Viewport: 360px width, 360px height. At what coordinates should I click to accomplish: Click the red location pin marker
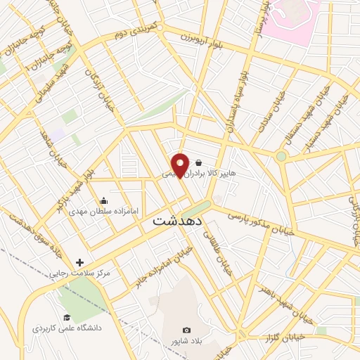[x=181, y=164]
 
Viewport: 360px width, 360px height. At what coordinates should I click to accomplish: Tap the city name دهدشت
[x=177, y=220]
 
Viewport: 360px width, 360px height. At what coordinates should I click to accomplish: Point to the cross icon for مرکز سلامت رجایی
[x=79, y=262]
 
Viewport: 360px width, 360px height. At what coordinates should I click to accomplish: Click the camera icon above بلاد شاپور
[x=186, y=330]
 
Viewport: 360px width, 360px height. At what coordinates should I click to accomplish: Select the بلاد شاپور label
[x=186, y=341]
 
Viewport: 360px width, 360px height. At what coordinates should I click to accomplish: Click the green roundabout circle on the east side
[x=281, y=156]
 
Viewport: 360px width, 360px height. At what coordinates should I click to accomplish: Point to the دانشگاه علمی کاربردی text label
[x=67, y=328]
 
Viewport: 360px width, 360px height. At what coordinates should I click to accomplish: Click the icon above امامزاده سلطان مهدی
[x=104, y=200]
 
